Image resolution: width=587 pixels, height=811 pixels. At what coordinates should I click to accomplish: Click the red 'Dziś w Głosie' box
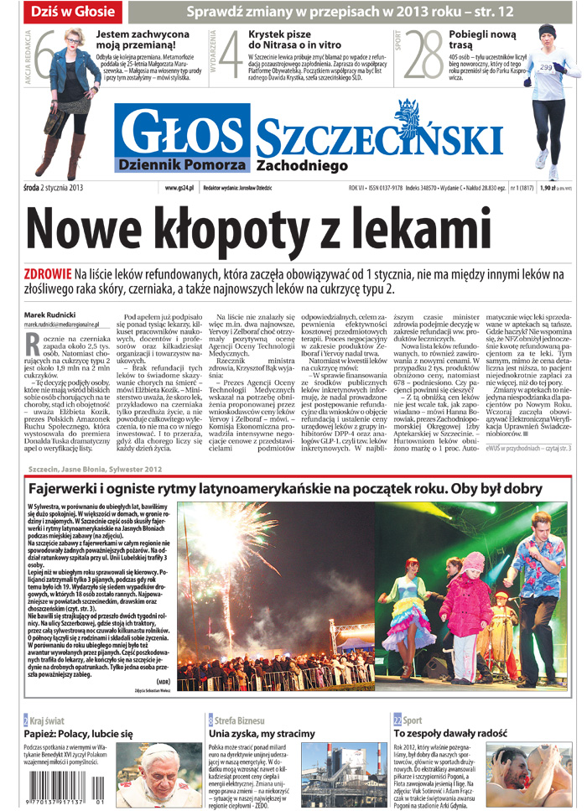73,13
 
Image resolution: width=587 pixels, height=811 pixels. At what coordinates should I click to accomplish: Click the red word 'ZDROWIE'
48,274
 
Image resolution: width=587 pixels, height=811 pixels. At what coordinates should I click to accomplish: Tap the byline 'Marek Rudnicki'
51,315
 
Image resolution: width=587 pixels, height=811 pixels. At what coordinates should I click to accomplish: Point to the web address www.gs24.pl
179,187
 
